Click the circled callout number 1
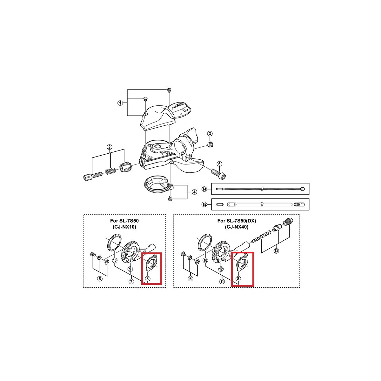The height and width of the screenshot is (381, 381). (x=120, y=103)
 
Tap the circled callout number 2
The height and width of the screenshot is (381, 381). (x=109, y=147)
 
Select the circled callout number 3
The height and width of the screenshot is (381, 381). (x=210, y=133)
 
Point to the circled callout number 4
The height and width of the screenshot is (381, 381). (x=194, y=192)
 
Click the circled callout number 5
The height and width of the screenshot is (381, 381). (x=219, y=164)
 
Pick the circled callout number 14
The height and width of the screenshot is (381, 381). (x=204, y=189)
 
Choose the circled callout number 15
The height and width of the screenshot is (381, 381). (x=204, y=204)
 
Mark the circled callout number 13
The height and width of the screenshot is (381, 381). (x=276, y=251)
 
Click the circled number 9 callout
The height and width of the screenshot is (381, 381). (x=130, y=269)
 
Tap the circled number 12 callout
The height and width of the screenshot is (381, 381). (x=221, y=269)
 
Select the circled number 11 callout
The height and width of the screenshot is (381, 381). (x=222, y=281)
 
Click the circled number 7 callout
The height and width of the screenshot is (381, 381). (x=131, y=282)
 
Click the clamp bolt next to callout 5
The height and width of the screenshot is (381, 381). (x=218, y=174)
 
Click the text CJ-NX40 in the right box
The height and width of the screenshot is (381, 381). (x=237, y=227)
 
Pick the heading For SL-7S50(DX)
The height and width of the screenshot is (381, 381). (x=237, y=221)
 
